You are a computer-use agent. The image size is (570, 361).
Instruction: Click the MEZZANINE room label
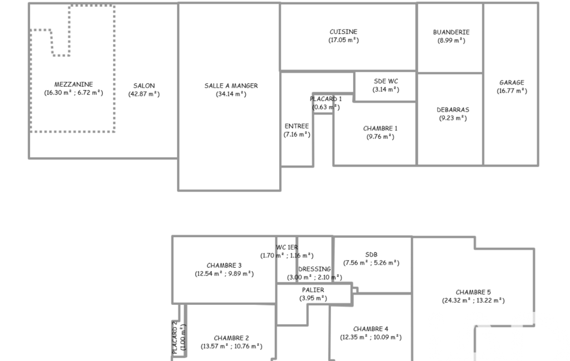pyautogui.click(x=74, y=84)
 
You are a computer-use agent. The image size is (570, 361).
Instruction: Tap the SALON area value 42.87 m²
pyautogui.click(x=144, y=94)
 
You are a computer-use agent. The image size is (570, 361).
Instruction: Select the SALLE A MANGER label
pyautogui.click(x=231, y=86)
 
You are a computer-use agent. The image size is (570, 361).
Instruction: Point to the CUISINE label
pyautogui.click(x=344, y=32)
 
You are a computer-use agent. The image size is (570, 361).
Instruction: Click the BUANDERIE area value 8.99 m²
pyautogui.click(x=451, y=41)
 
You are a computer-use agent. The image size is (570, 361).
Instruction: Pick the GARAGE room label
pyautogui.click(x=512, y=82)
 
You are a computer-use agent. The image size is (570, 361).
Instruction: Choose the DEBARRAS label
pyautogui.click(x=453, y=109)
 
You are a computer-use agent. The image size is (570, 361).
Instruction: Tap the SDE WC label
pyautogui.click(x=386, y=81)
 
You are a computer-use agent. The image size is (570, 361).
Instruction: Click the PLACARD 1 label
pyautogui.click(x=326, y=99)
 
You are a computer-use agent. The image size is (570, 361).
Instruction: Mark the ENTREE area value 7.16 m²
pyautogui.click(x=297, y=134)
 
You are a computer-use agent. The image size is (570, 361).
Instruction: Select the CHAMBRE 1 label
pyautogui.click(x=380, y=128)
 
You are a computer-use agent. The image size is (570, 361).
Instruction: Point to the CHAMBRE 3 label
pyautogui.click(x=224, y=265)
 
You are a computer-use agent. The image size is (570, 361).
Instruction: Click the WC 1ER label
pyautogui.click(x=287, y=247)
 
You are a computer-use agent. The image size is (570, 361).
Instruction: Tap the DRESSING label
pyautogui.click(x=314, y=269)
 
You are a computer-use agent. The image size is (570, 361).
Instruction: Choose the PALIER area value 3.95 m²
pyautogui.click(x=313, y=298)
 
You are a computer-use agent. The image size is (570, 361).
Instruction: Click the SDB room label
pyautogui.click(x=371, y=254)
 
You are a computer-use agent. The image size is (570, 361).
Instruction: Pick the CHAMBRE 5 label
pyautogui.click(x=473, y=292)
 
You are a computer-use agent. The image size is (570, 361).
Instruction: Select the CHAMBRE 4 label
pyautogui.click(x=371, y=329)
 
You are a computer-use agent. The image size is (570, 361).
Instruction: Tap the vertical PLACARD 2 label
pyautogui.click(x=175, y=338)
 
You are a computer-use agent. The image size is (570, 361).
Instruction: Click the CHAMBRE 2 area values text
pyautogui.click(x=231, y=347)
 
